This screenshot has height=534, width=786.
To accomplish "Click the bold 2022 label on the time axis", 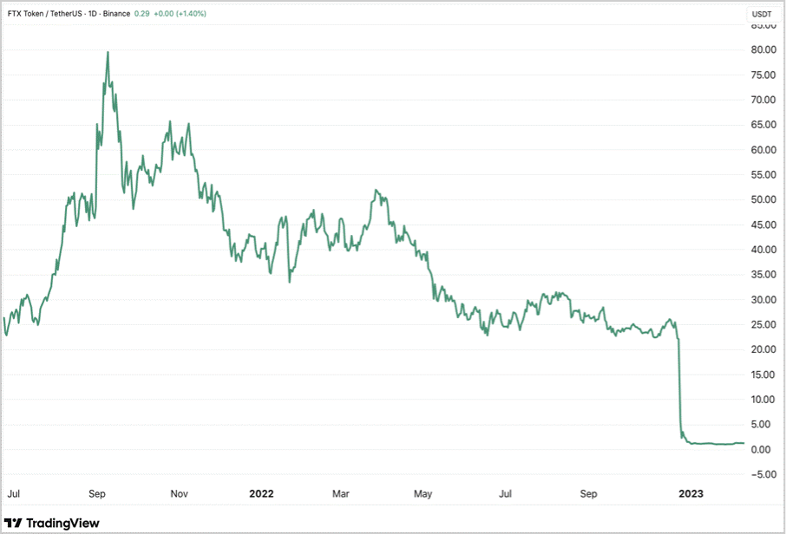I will tap(261, 494).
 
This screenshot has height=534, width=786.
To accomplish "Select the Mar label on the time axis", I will tap(341, 494).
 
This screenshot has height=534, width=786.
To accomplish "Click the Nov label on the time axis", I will tap(179, 494).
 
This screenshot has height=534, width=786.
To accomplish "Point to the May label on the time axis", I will tap(422, 494).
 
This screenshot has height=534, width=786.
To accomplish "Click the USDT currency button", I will tap(761, 14).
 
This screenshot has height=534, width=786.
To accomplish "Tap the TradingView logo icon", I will tap(14, 523).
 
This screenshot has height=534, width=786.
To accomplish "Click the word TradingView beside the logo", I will tap(62, 523).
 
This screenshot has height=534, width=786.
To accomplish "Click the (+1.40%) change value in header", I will tap(189, 14).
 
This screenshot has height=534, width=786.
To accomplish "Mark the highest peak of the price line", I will tap(108, 52).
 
